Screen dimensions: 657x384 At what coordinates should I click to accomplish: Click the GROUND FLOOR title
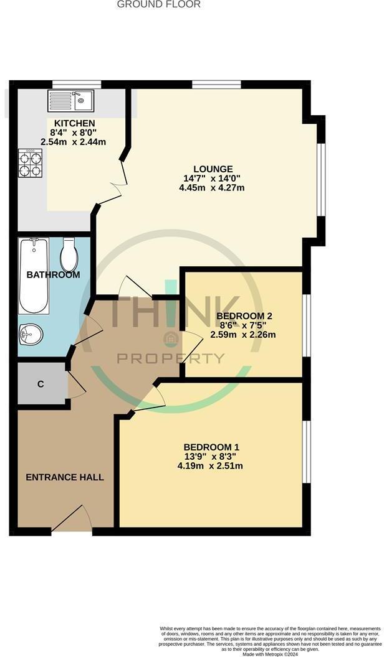click(159, 4)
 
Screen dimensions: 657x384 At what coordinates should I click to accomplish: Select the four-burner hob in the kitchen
click(31, 163)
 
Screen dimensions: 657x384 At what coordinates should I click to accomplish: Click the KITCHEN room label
click(74, 123)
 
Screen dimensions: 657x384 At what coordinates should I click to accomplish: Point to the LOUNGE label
click(213, 169)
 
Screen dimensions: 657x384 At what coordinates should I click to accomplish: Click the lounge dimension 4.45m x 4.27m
click(213, 187)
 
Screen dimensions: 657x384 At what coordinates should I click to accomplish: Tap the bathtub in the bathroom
click(34, 276)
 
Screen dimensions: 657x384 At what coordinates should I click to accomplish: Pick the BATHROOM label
click(53, 274)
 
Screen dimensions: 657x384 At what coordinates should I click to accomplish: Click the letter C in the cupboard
click(41, 384)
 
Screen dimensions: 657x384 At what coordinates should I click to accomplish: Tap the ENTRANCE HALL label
click(65, 477)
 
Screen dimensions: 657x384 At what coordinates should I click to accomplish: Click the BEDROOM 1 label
click(211, 447)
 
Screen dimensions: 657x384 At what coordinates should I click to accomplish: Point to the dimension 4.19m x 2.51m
click(210, 466)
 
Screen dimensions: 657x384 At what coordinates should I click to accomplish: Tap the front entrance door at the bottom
click(72, 520)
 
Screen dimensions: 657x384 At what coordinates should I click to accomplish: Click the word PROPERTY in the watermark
click(171, 358)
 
